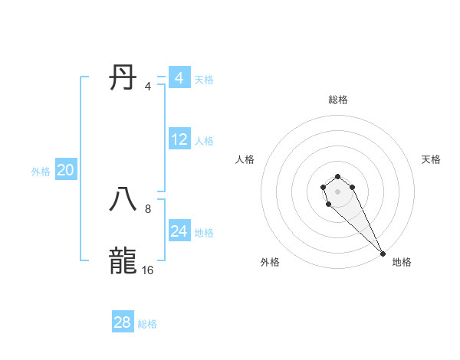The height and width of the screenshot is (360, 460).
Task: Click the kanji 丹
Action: click(x=123, y=78)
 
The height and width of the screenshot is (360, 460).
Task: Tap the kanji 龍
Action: click(x=123, y=260)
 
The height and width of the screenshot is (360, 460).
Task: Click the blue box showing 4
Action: click(x=179, y=78)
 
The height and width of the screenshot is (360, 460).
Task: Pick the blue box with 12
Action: click(x=179, y=139)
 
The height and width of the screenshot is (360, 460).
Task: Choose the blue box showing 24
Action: click(x=179, y=231)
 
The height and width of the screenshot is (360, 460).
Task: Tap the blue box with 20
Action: click(x=65, y=170)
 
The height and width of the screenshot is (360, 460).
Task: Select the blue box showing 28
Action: click(x=123, y=322)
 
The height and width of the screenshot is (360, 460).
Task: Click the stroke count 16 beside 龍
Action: click(x=147, y=270)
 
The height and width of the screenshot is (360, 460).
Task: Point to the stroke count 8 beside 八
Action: click(x=148, y=208)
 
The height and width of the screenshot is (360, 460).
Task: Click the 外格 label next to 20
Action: click(x=41, y=172)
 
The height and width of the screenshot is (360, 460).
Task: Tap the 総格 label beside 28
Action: click(x=147, y=324)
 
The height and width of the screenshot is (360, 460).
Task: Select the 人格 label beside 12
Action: click(x=204, y=141)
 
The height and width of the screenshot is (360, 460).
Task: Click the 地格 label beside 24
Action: click(x=204, y=233)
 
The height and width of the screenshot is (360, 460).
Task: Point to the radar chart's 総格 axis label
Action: click(x=338, y=100)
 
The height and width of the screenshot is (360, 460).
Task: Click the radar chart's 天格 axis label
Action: click(x=431, y=159)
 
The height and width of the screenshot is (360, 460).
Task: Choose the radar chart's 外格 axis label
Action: click(x=270, y=262)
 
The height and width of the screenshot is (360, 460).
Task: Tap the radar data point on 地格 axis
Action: click(x=383, y=254)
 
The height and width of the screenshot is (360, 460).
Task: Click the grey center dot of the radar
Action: click(x=337, y=191)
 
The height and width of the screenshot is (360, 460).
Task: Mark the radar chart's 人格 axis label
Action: click(x=245, y=159)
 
